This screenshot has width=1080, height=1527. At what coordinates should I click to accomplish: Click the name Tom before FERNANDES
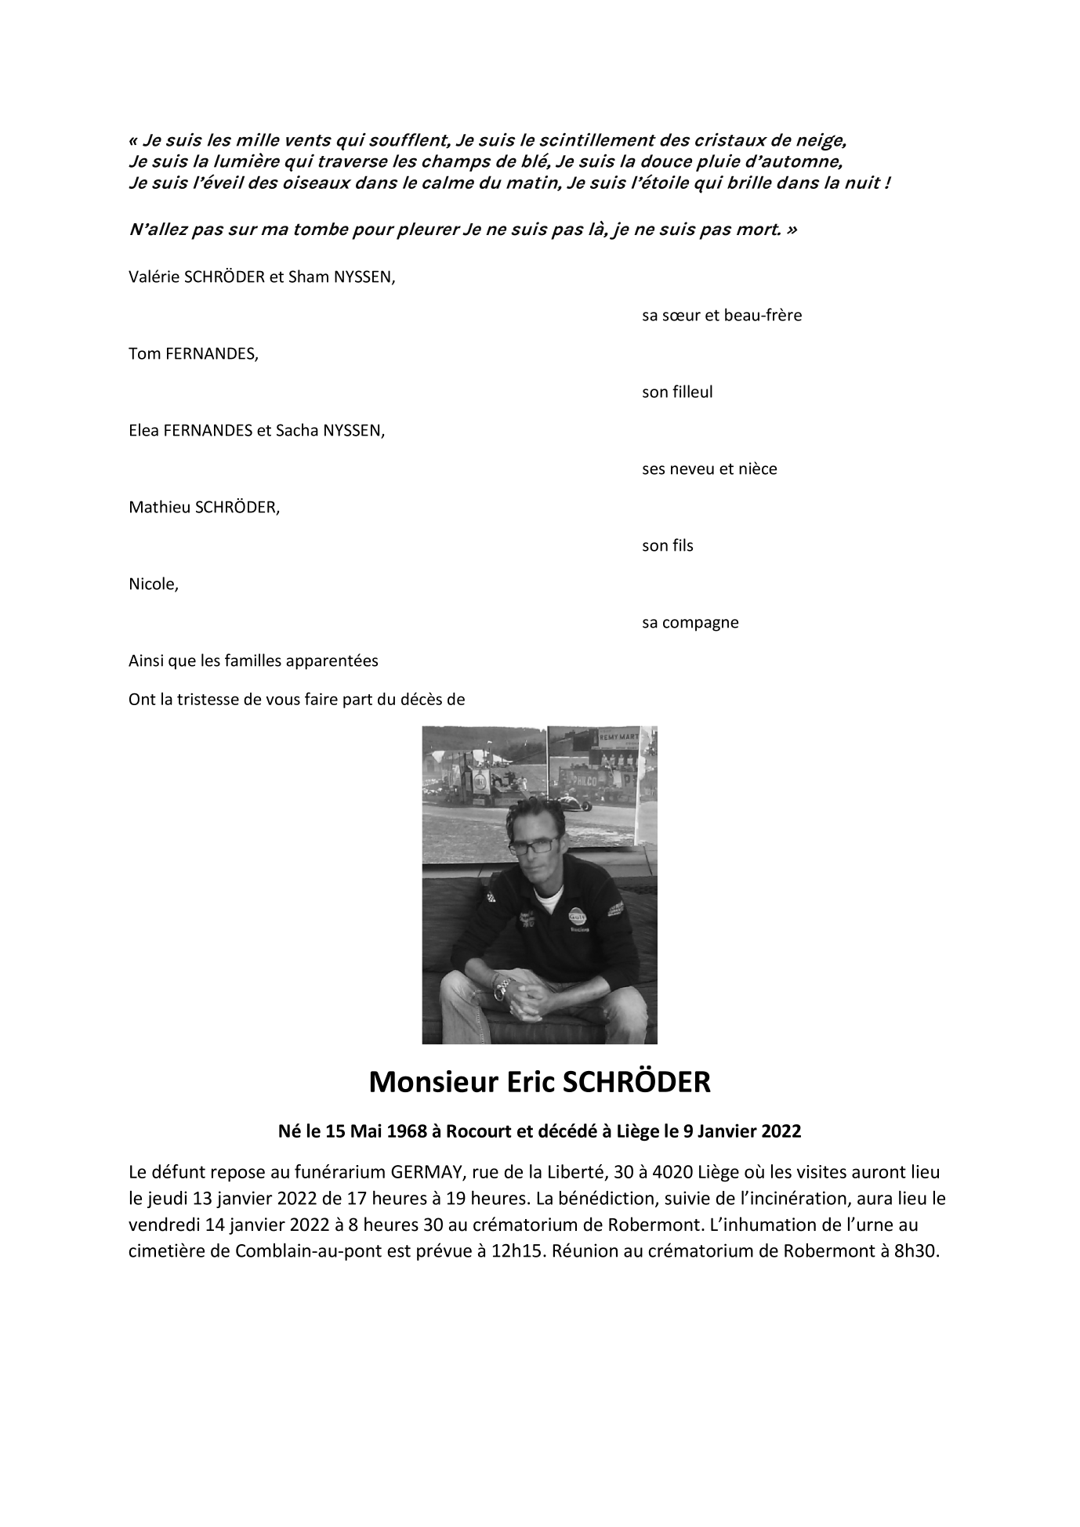coord(143,354)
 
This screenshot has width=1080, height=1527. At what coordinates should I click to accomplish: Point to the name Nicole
coord(153,584)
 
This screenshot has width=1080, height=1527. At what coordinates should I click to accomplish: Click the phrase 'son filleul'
coord(677,393)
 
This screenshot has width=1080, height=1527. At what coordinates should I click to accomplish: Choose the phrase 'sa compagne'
coord(690,623)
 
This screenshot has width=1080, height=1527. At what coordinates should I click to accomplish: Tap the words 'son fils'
coord(667,546)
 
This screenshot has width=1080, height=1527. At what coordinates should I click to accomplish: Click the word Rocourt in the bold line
coord(473,1131)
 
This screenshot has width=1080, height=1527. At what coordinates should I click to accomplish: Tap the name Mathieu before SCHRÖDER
coord(159,508)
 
